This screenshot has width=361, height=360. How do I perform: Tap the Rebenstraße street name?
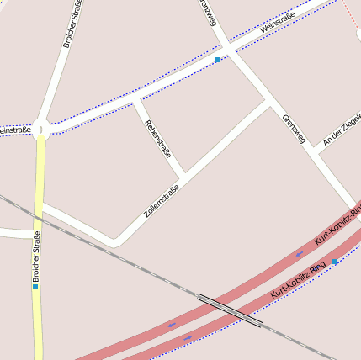pos(158,140)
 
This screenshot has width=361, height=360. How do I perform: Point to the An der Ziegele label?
pos(342,130)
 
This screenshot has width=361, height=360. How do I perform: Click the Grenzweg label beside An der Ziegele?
pos(294,129)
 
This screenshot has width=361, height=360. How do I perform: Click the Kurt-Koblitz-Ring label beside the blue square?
pos(298,280)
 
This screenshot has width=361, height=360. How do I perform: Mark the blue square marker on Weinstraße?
pos(218,60)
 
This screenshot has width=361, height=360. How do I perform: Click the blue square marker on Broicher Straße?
pos(35,286)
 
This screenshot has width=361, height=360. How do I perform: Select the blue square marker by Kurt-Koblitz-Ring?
pos(334,262)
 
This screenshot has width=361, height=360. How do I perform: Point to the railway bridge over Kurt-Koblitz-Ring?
pos(230,309)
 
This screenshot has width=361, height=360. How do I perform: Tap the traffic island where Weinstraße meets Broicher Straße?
pos(40,130)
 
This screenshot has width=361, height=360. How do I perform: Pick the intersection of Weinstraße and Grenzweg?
pos(225,51)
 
